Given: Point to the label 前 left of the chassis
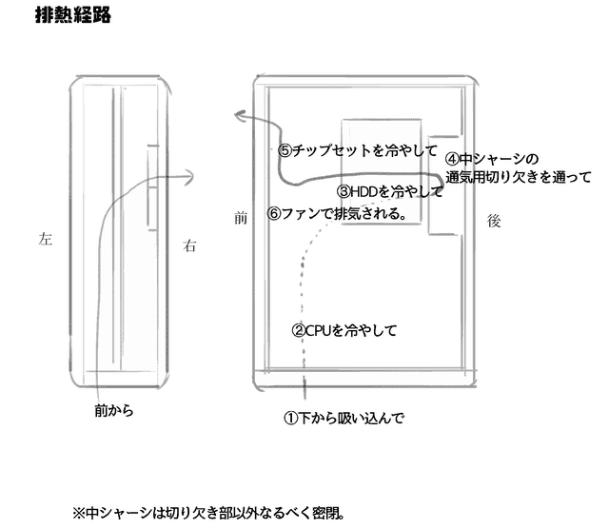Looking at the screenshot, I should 241,218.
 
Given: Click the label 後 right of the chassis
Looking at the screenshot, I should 493,220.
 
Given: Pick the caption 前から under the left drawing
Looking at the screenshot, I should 114,411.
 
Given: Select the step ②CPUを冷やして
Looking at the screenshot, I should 343,331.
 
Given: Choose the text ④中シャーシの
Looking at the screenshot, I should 492,159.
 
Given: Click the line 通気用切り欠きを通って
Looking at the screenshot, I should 518,176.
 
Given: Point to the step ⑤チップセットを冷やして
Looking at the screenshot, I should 358,150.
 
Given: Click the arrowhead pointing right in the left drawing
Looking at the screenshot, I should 189,173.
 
